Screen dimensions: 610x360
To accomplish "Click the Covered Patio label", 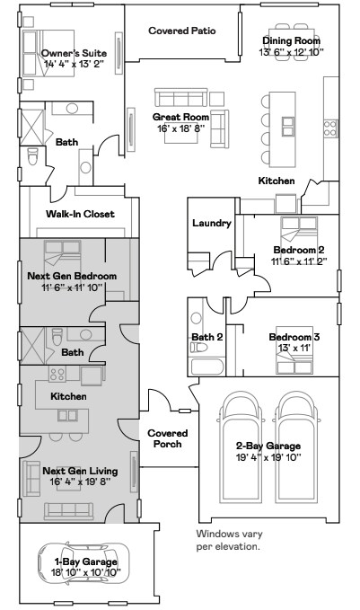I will coord(181,30).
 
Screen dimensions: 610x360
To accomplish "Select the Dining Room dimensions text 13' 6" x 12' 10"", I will coord(291,52).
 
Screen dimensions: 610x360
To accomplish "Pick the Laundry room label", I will coord(212,223).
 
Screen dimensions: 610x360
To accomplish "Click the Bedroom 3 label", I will coord(290,337).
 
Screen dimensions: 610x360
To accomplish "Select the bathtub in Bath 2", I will coord(201,366).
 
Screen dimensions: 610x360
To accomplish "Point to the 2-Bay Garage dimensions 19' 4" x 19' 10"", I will coord(268,456).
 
